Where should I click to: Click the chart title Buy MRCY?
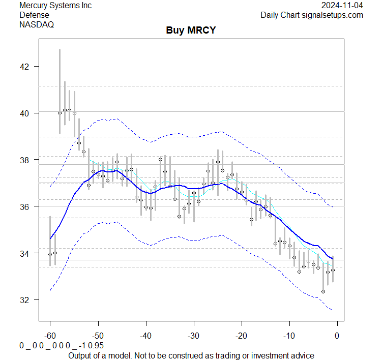(x=191, y=31)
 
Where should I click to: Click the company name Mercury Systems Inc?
(x=56, y=6)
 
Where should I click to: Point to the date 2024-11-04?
(x=342, y=6)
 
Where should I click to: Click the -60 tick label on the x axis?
(x=50, y=336)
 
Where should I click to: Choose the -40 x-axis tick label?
(x=145, y=336)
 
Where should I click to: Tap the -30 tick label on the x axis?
(x=193, y=336)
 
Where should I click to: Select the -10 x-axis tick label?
(x=289, y=336)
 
